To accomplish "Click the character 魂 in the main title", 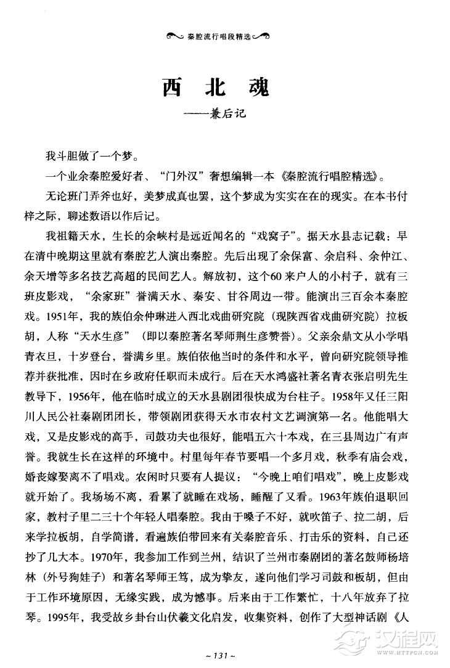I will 255,87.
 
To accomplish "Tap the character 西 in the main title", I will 173,87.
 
